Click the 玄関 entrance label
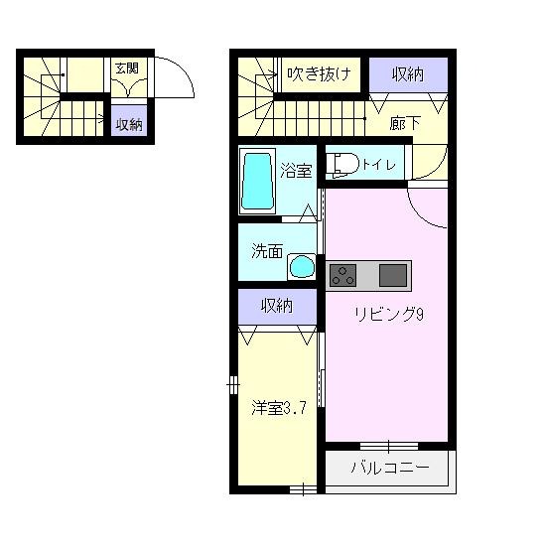point(126,68)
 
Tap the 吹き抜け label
point(318,72)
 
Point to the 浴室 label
point(296,170)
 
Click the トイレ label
point(378,165)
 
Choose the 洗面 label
point(265,251)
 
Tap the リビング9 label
point(390,315)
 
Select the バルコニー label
point(390,469)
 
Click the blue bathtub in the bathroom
point(257,181)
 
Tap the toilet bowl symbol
point(340,164)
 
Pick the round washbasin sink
point(300,266)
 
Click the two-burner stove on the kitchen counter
point(343,274)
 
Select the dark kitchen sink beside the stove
point(393,274)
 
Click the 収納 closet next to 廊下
point(409,73)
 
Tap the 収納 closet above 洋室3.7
point(278,306)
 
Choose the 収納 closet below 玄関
point(128,124)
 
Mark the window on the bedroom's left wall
point(231,382)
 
